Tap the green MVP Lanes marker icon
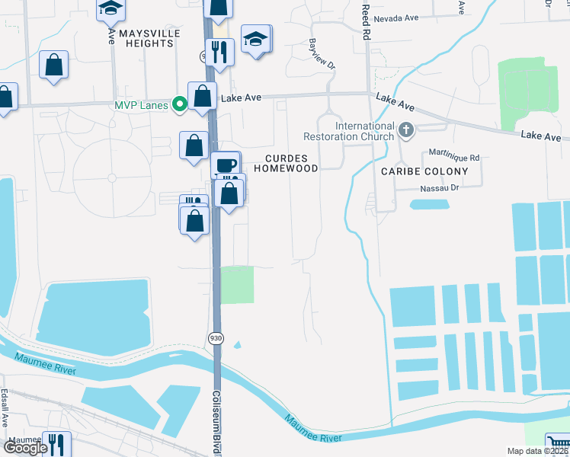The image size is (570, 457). tap(180, 104)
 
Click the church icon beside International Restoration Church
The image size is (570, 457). tap(405, 131)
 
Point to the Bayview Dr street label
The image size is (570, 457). tap(321, 55)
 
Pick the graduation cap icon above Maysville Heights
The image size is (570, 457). tap(110, 8)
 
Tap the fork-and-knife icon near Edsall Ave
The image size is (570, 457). tap(56, 443)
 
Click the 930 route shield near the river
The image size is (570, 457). tap(216, 337)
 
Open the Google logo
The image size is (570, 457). tap(25, 448)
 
